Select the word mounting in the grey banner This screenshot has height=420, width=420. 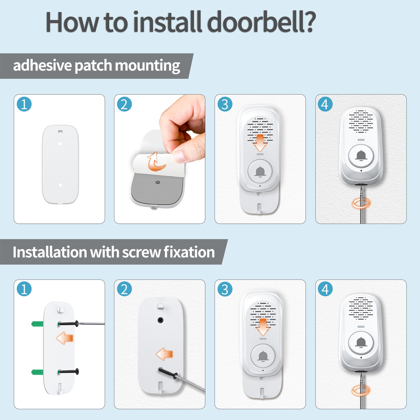(x=148, y=66)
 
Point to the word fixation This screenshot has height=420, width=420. (x=189, y=252)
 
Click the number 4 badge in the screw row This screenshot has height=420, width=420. (x=325, y=289)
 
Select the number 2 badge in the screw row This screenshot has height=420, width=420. (x=124, y=289)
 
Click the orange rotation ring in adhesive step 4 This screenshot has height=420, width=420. (x=361, y=203)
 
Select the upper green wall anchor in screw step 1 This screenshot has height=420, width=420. (x=37, y=324)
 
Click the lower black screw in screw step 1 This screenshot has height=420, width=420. (x=69, y=371)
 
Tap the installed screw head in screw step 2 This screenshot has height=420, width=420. (x=160, y=320)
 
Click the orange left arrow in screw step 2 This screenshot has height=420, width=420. (x=164, y=354)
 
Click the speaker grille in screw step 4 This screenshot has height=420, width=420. (x=361, y=308)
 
